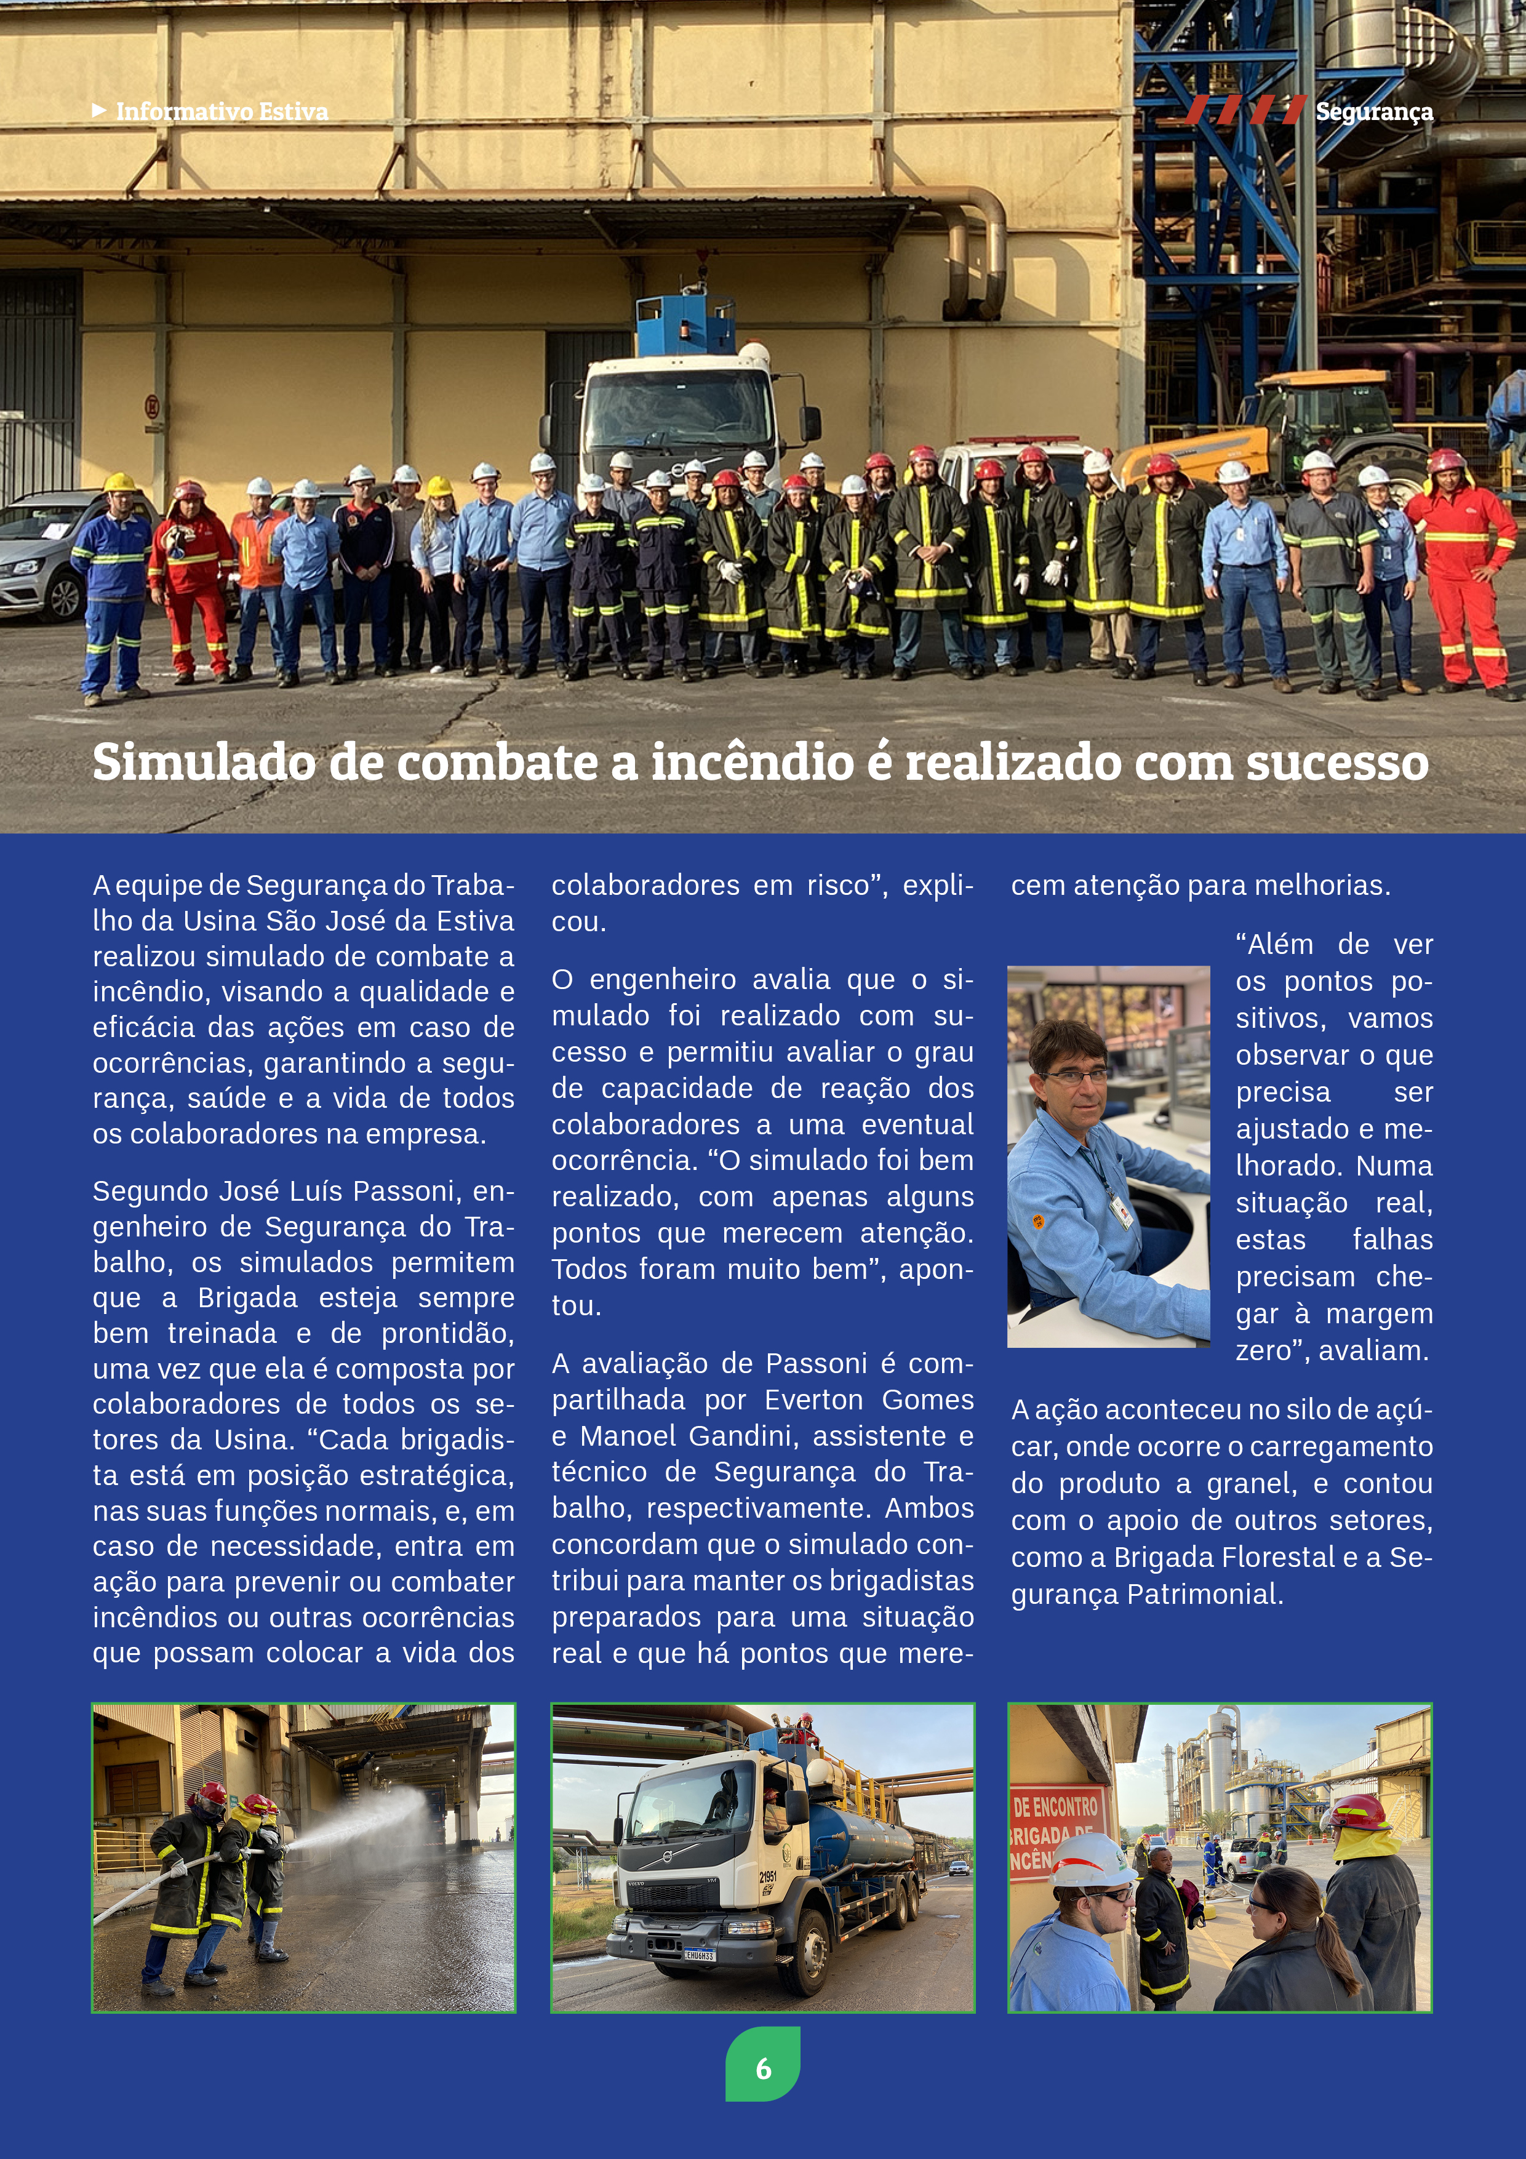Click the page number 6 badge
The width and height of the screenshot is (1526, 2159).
click(762, 2068)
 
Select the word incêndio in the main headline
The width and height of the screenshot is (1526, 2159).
click(752, 762)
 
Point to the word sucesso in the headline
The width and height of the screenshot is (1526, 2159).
click(1337, 762)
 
